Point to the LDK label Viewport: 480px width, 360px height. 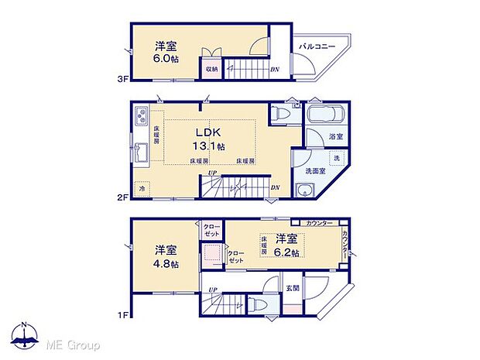[x=206, y=132]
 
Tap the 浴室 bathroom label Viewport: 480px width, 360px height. [x=335, y=136]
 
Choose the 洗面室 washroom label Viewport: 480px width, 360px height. [x=314, y=171]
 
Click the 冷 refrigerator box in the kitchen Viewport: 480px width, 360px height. [x=142, y=187]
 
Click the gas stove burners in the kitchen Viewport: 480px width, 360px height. [x=142, y=118]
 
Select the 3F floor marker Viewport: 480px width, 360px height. [x=122, y=78]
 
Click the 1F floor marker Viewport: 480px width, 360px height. [x=122, y=316]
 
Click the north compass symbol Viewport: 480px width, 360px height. [x=26, y=334]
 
